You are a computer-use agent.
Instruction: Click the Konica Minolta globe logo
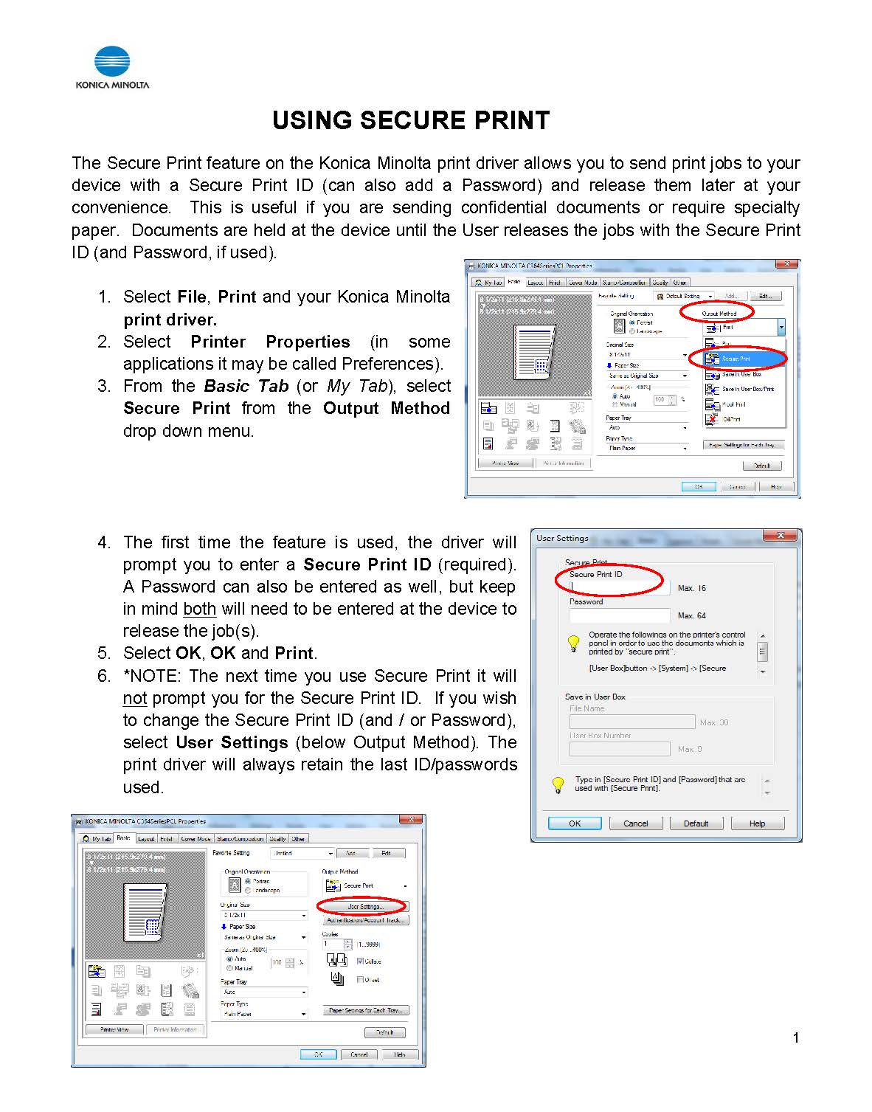[112, 62]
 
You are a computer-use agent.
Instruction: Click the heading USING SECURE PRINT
[411, 120]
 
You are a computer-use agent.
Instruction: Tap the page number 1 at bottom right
[795, 1037]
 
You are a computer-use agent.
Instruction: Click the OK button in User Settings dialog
[574, 823]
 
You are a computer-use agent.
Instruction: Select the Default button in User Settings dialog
[695, 823]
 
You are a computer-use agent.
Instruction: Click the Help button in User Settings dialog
[757, 823]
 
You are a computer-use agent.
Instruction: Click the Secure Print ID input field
[618, 587]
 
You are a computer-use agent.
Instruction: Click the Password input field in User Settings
[618, 615]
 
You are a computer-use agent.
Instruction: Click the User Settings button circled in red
[364, 906]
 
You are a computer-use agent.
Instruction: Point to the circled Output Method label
[719, 314]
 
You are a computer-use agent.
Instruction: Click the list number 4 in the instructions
[104, 542]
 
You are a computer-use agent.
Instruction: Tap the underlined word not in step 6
[134, 698]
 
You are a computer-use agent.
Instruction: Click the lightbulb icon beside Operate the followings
[573, 643]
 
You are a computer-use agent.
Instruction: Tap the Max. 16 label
[691, 588]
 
